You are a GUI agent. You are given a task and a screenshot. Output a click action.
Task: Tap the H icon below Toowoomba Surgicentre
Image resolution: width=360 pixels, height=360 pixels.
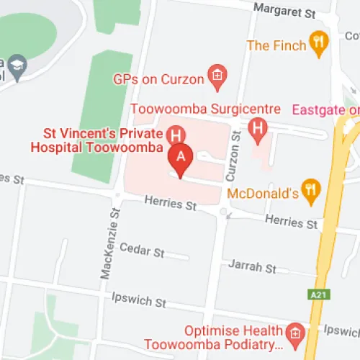[257, 129]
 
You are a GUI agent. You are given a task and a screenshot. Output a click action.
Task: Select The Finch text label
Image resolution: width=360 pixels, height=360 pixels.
[276, 45]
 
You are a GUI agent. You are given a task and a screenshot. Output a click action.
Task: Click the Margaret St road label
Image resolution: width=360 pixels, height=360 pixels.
[286, 12]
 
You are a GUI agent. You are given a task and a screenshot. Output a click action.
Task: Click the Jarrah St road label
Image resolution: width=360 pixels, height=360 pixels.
[252, 267]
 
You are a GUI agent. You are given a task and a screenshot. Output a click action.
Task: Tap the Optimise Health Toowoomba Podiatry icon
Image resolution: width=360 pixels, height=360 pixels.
[293, 333]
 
